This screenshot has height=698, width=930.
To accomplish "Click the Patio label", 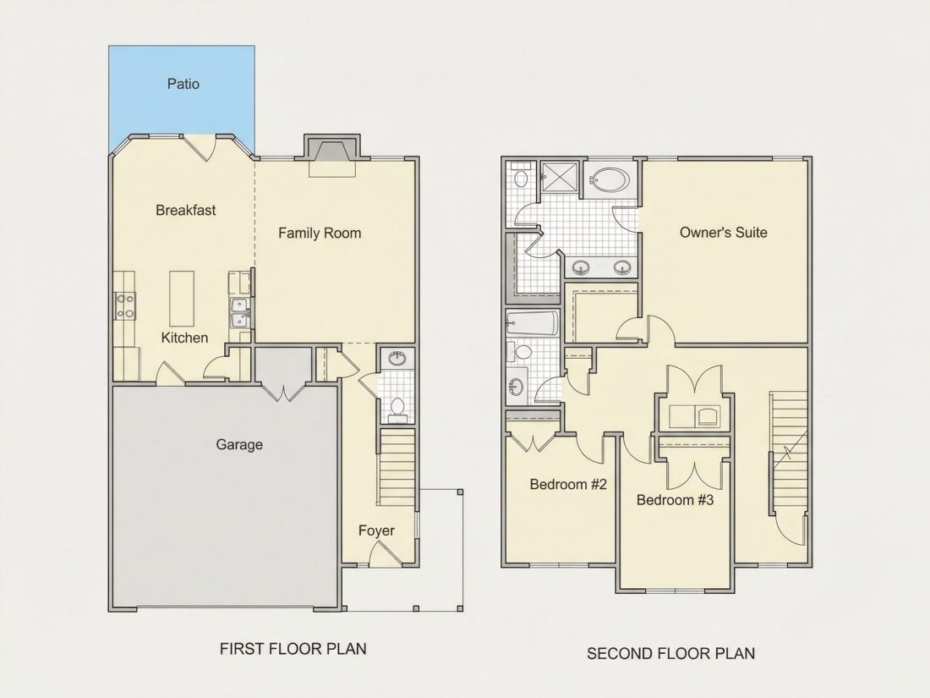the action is coord(183,84).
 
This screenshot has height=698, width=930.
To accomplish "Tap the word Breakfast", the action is coord(186,210).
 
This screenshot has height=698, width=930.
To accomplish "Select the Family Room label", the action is coord(320,234).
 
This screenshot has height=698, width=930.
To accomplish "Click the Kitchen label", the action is coord(184,338).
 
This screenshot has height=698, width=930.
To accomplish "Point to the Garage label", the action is coord(239,444).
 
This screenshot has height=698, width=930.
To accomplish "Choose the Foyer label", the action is coord(376,530).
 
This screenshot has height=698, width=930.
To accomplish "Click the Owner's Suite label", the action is coord(724,232).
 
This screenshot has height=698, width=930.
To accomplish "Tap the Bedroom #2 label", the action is coord(568,484).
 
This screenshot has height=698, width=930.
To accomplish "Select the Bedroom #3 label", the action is coord(675,500).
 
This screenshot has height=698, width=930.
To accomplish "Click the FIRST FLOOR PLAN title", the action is coord(293,649).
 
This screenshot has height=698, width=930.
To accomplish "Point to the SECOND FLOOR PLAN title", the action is coord(670,653).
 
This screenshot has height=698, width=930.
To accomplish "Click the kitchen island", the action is coord(182,299).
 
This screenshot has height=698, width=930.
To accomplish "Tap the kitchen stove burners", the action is coord(125,306).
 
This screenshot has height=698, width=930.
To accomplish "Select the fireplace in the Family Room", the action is coord(332,151).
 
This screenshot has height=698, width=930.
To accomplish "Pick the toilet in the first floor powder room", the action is coord(397,408).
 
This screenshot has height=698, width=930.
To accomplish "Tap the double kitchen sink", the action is coord(239,312).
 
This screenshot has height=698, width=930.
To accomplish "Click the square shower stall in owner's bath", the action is coord(560,177).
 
